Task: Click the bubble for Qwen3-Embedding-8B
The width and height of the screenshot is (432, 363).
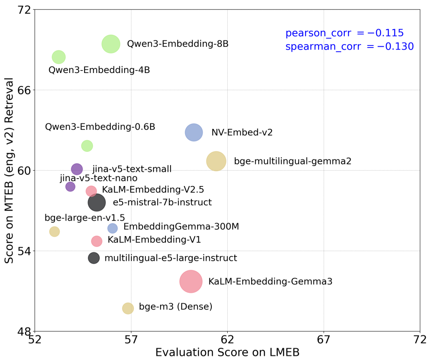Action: [x=111, y=44]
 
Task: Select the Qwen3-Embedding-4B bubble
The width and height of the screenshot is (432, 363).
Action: [x=59, y=57]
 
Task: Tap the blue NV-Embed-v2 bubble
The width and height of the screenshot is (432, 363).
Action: [x=193, y=132]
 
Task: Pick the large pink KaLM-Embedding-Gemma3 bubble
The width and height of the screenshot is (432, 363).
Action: [x=191, y=281]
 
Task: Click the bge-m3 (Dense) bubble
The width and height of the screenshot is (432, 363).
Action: [x=128, y=308]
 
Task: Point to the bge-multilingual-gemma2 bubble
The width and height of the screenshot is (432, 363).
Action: [x=216, y=161]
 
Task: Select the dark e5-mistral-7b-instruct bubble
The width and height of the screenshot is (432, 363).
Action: [x=97, y=202]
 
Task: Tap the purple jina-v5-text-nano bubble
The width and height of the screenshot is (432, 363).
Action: [x=70, y=187]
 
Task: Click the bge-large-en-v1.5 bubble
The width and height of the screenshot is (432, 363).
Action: [x=55, y=231]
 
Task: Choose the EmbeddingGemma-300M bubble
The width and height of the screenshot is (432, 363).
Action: [x=113, y=228]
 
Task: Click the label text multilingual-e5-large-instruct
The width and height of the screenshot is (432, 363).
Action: [x=171, y=258]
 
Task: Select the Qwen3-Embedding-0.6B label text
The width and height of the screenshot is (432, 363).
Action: [x=100, y=127]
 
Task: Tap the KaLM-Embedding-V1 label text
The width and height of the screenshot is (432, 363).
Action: [x=154, y=240]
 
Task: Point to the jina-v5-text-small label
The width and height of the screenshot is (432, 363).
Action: [x=132, y=169]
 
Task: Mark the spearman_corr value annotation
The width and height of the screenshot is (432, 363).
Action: [x=349, y=47]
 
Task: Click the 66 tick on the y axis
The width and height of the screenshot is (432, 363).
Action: [x=25, y=90]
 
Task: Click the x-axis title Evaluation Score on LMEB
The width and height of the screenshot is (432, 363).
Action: [x=227, y=353]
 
